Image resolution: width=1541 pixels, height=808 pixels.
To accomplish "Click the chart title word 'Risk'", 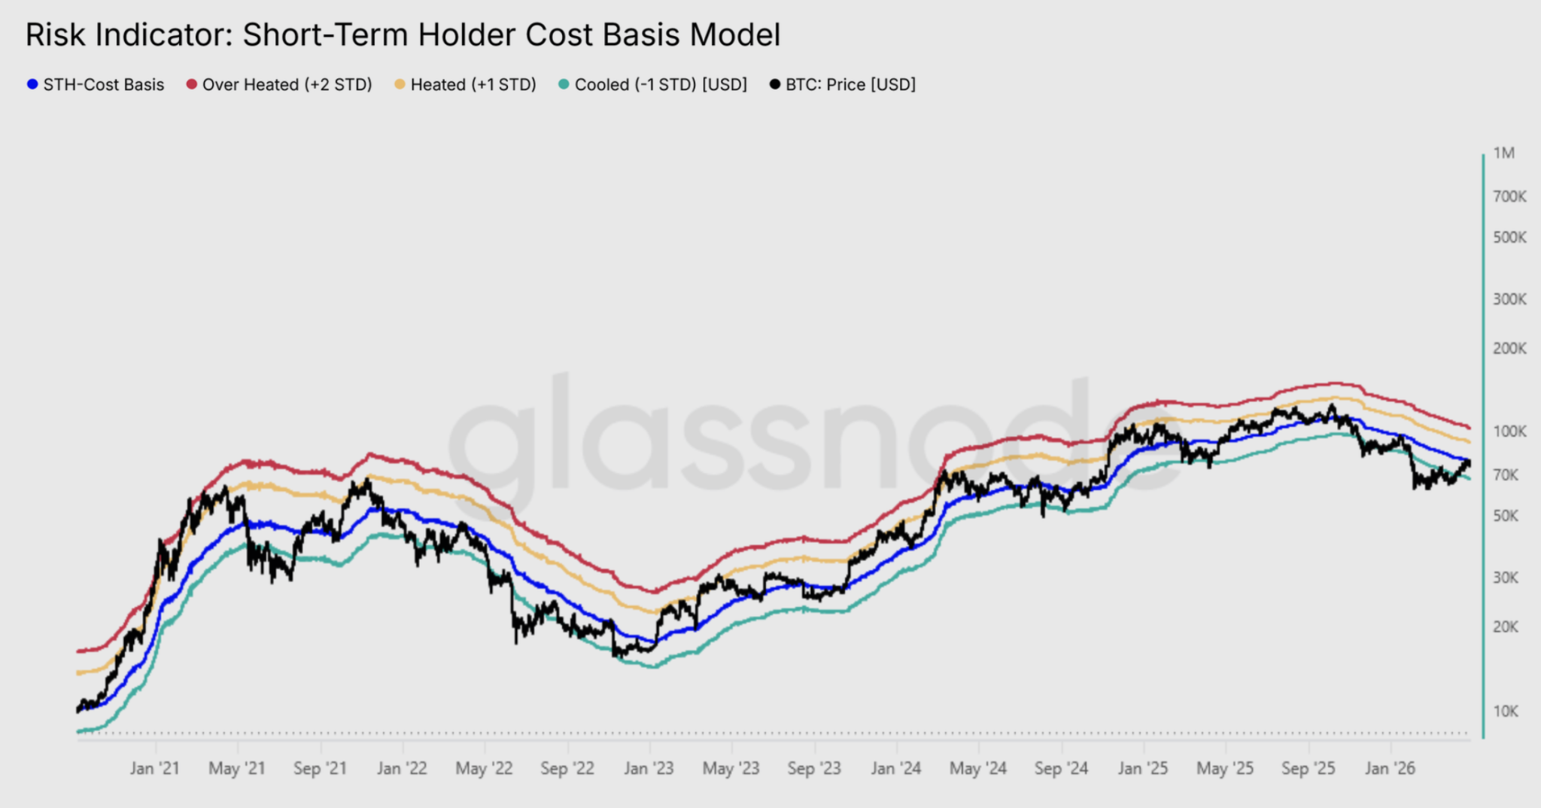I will point(55,35).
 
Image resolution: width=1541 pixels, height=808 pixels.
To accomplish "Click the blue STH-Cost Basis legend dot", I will point(32,84).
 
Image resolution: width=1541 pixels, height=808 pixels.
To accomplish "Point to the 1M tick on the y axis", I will point(1503,154).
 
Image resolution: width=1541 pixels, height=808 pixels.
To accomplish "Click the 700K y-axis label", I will point(1509,197).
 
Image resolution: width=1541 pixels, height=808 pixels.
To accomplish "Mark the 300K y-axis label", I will point(1509,300).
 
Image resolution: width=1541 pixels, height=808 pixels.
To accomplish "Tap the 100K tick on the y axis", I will point(1509,431).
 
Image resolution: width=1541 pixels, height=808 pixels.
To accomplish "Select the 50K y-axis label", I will point(1506,516).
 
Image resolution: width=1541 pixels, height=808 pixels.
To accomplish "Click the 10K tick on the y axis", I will point(1506,712).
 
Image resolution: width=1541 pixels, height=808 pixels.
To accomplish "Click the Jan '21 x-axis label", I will point(154,769).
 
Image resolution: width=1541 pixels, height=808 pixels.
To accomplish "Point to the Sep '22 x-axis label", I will point(567,769).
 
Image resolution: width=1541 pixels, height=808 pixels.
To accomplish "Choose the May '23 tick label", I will point(731,769).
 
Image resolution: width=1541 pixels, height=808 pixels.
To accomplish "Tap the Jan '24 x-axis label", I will point(895,769).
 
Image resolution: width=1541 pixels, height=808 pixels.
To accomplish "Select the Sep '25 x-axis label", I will point(1308,769).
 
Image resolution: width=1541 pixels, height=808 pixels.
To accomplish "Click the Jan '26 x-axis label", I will point(1390,769).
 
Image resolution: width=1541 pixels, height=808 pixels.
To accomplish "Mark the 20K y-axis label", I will point(1506,627).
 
